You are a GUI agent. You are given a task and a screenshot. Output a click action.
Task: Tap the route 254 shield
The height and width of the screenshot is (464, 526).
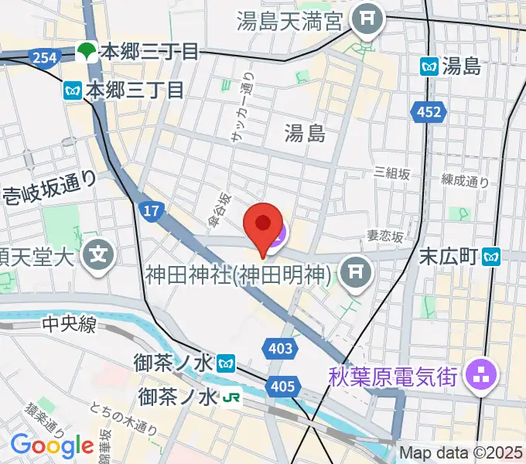click(x=43, y=56)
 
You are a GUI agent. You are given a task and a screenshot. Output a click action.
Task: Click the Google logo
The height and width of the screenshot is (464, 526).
click(x=51, y=445)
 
